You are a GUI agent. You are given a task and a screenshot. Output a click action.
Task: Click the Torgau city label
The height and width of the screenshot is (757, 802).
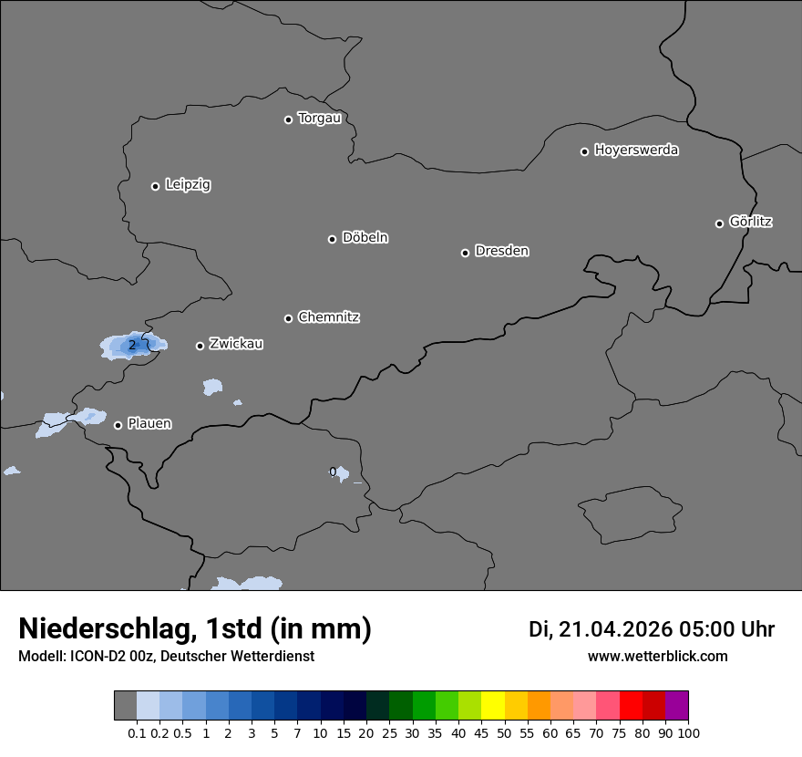(319, 119)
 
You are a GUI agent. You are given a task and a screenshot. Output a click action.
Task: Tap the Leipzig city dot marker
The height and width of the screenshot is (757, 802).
(155, 186)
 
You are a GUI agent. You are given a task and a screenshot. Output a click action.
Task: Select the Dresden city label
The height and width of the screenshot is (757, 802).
(501, 251)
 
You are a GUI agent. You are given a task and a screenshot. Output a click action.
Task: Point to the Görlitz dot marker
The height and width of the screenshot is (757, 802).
(719, 223)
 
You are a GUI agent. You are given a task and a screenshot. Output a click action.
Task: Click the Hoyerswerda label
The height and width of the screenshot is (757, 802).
(636, 150)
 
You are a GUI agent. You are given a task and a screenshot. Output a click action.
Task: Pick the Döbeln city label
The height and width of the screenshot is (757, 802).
(365, 238)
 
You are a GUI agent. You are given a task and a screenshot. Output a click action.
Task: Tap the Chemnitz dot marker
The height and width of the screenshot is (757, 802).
(288, 318)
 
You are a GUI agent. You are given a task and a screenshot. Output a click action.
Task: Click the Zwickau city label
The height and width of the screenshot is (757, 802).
(236, 344)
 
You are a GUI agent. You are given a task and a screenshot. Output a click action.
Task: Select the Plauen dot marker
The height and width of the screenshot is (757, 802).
(118, 425)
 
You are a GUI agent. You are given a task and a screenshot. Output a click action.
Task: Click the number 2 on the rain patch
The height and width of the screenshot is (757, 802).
(132, 345)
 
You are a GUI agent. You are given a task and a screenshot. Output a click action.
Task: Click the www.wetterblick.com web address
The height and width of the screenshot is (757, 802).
(657, 656)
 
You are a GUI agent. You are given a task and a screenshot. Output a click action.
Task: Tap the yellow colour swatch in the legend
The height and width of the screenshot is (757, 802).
(493, 706)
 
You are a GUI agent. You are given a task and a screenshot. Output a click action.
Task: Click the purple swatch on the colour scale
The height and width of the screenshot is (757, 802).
(676, 706)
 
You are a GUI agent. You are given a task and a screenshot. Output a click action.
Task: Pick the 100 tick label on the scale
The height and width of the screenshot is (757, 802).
(688, 732)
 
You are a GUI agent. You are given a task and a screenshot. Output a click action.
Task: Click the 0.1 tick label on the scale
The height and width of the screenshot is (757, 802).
(137, 732)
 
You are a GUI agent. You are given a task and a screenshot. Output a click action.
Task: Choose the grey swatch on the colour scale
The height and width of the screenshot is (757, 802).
(125, 706)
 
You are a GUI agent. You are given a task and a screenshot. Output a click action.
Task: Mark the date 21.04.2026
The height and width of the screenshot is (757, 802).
(615, 629)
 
